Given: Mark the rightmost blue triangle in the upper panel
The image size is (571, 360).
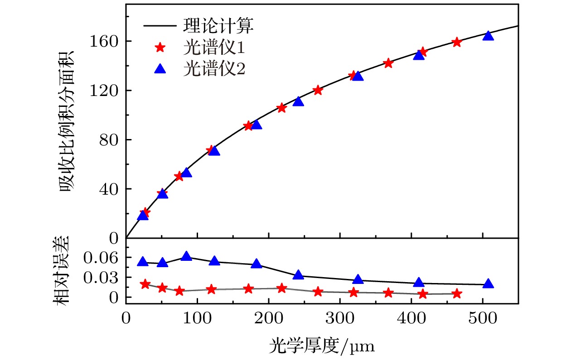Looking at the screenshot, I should click(488, 36).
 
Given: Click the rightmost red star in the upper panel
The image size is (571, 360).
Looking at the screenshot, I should click(457, 42).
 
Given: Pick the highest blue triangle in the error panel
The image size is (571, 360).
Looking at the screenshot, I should click(186, 257).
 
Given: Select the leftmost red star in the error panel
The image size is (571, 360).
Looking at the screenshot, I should click(145, 284).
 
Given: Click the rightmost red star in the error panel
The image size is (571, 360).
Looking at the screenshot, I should click(457, 294).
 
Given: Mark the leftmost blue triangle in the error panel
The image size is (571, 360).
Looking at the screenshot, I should click(143, 262).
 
